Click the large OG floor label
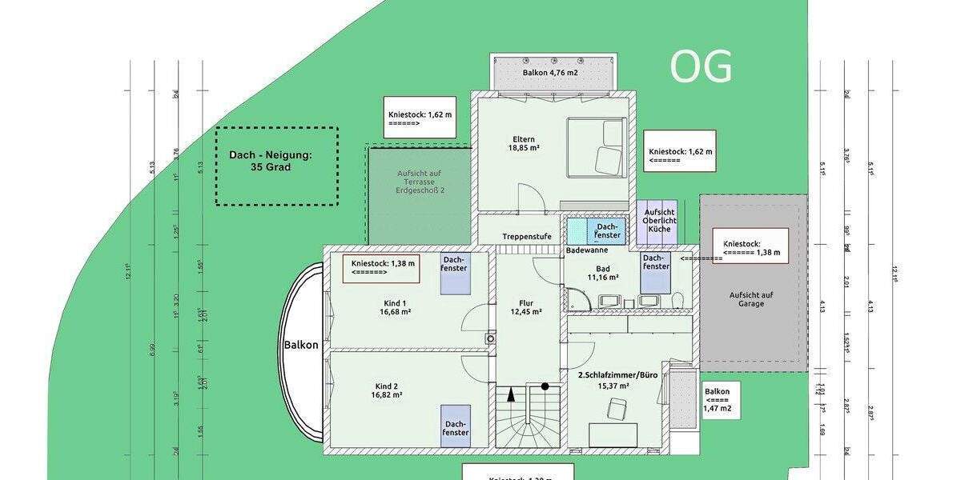click(x=701, y=67)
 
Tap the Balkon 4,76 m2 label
click(x=550, y=73)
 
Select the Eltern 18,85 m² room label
click(x=521, y=143)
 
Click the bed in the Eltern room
click(x=597, y=147)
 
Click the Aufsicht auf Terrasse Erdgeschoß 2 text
click(x=420, y=182)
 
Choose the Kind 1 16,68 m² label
click(x=394, y=308)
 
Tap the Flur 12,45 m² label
click(x=526, y=307)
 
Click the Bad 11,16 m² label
click(x=603, y=273)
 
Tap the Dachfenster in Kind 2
click(x=456, y=427)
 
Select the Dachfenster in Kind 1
click(x=454, y=273)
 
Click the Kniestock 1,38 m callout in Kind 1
click(x=382, y=267)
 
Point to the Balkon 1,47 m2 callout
click(x=718, y=400)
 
